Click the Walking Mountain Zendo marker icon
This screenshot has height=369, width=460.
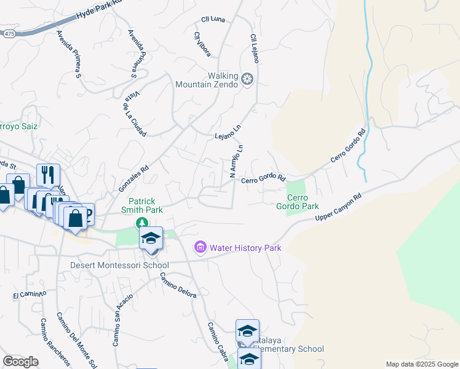[247, 79]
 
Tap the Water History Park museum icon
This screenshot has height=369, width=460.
[200, 247]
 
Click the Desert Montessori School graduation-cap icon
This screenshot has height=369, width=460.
[151, 238]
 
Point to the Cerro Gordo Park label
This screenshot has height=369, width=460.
[297, 202]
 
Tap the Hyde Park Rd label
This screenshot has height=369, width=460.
[98, 10]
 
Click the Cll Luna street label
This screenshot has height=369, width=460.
[213, 20]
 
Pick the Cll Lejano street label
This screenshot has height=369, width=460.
[254, 48]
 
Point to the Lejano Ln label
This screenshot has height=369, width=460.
[226, 132]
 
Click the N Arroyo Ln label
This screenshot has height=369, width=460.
[237, 161]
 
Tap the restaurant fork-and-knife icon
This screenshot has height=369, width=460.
[47, 175]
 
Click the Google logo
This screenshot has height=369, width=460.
[20, 362]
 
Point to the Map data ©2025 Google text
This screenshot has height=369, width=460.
[422, 364]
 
